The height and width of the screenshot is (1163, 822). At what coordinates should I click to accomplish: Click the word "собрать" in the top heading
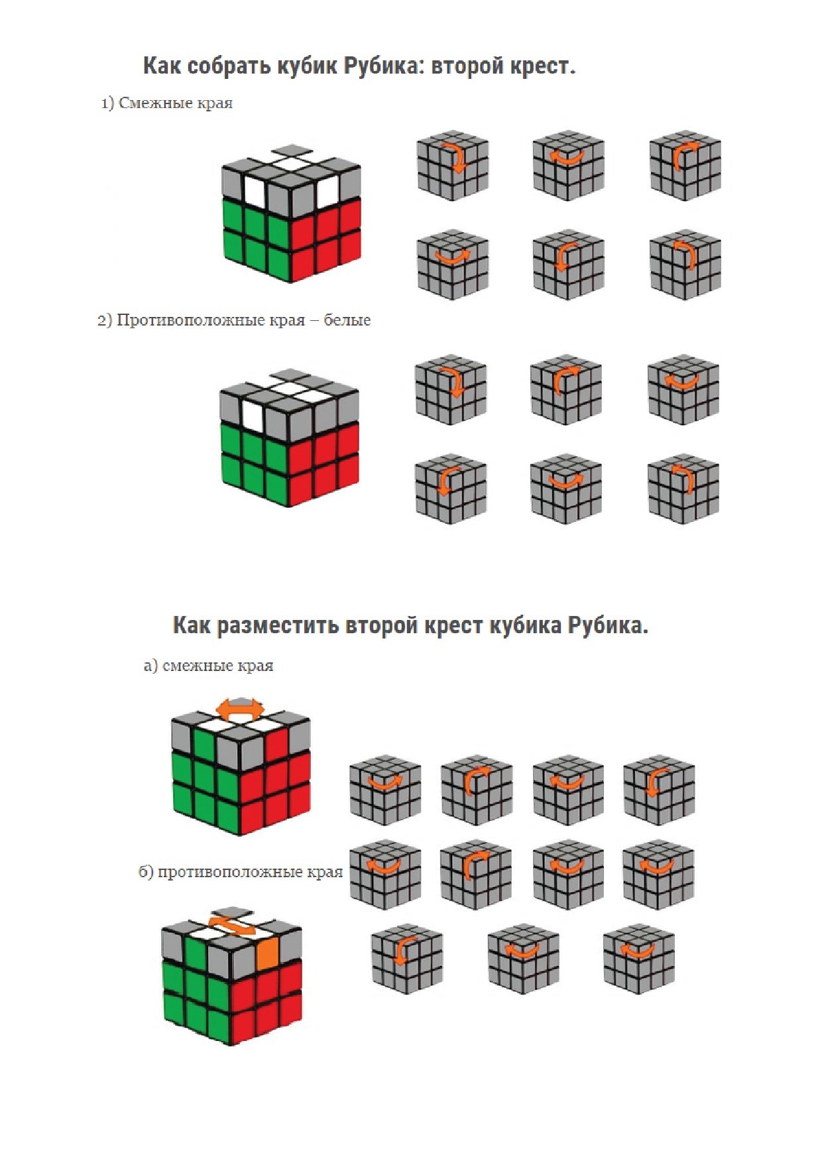222,66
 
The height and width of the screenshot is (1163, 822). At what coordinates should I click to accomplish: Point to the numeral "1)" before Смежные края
107,103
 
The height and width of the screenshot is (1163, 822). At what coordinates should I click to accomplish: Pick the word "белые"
347,320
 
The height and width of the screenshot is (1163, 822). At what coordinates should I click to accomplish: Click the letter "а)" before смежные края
150,666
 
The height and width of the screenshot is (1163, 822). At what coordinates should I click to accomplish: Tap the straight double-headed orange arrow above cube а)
240,709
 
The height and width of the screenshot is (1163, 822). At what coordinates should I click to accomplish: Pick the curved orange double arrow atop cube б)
231,924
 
